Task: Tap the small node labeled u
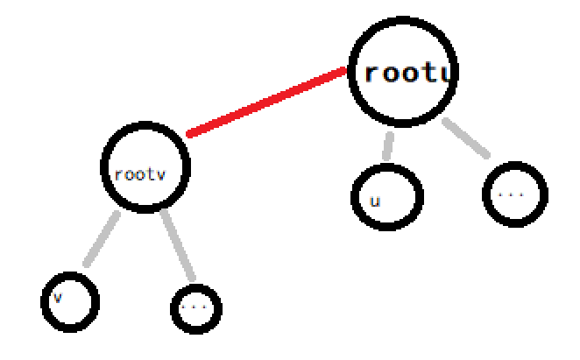pyautogui.click(x=386, y=195)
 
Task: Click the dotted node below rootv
pyautogui.click(x=195, y=307)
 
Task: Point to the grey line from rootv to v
pyautogui.click(x=102, y=237)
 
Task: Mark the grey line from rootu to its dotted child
pyautogui.click(x=464, y=137)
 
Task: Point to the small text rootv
pyautogui.click(x=140, y=173)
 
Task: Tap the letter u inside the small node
pyautogui.click(x=375, y=201)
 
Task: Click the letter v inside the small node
pyautogui.click(x=58, y=297)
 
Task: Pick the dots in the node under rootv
pyautogui.click(x=195, y=307)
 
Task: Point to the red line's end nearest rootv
pyautogui.click(x=189, y=134)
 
